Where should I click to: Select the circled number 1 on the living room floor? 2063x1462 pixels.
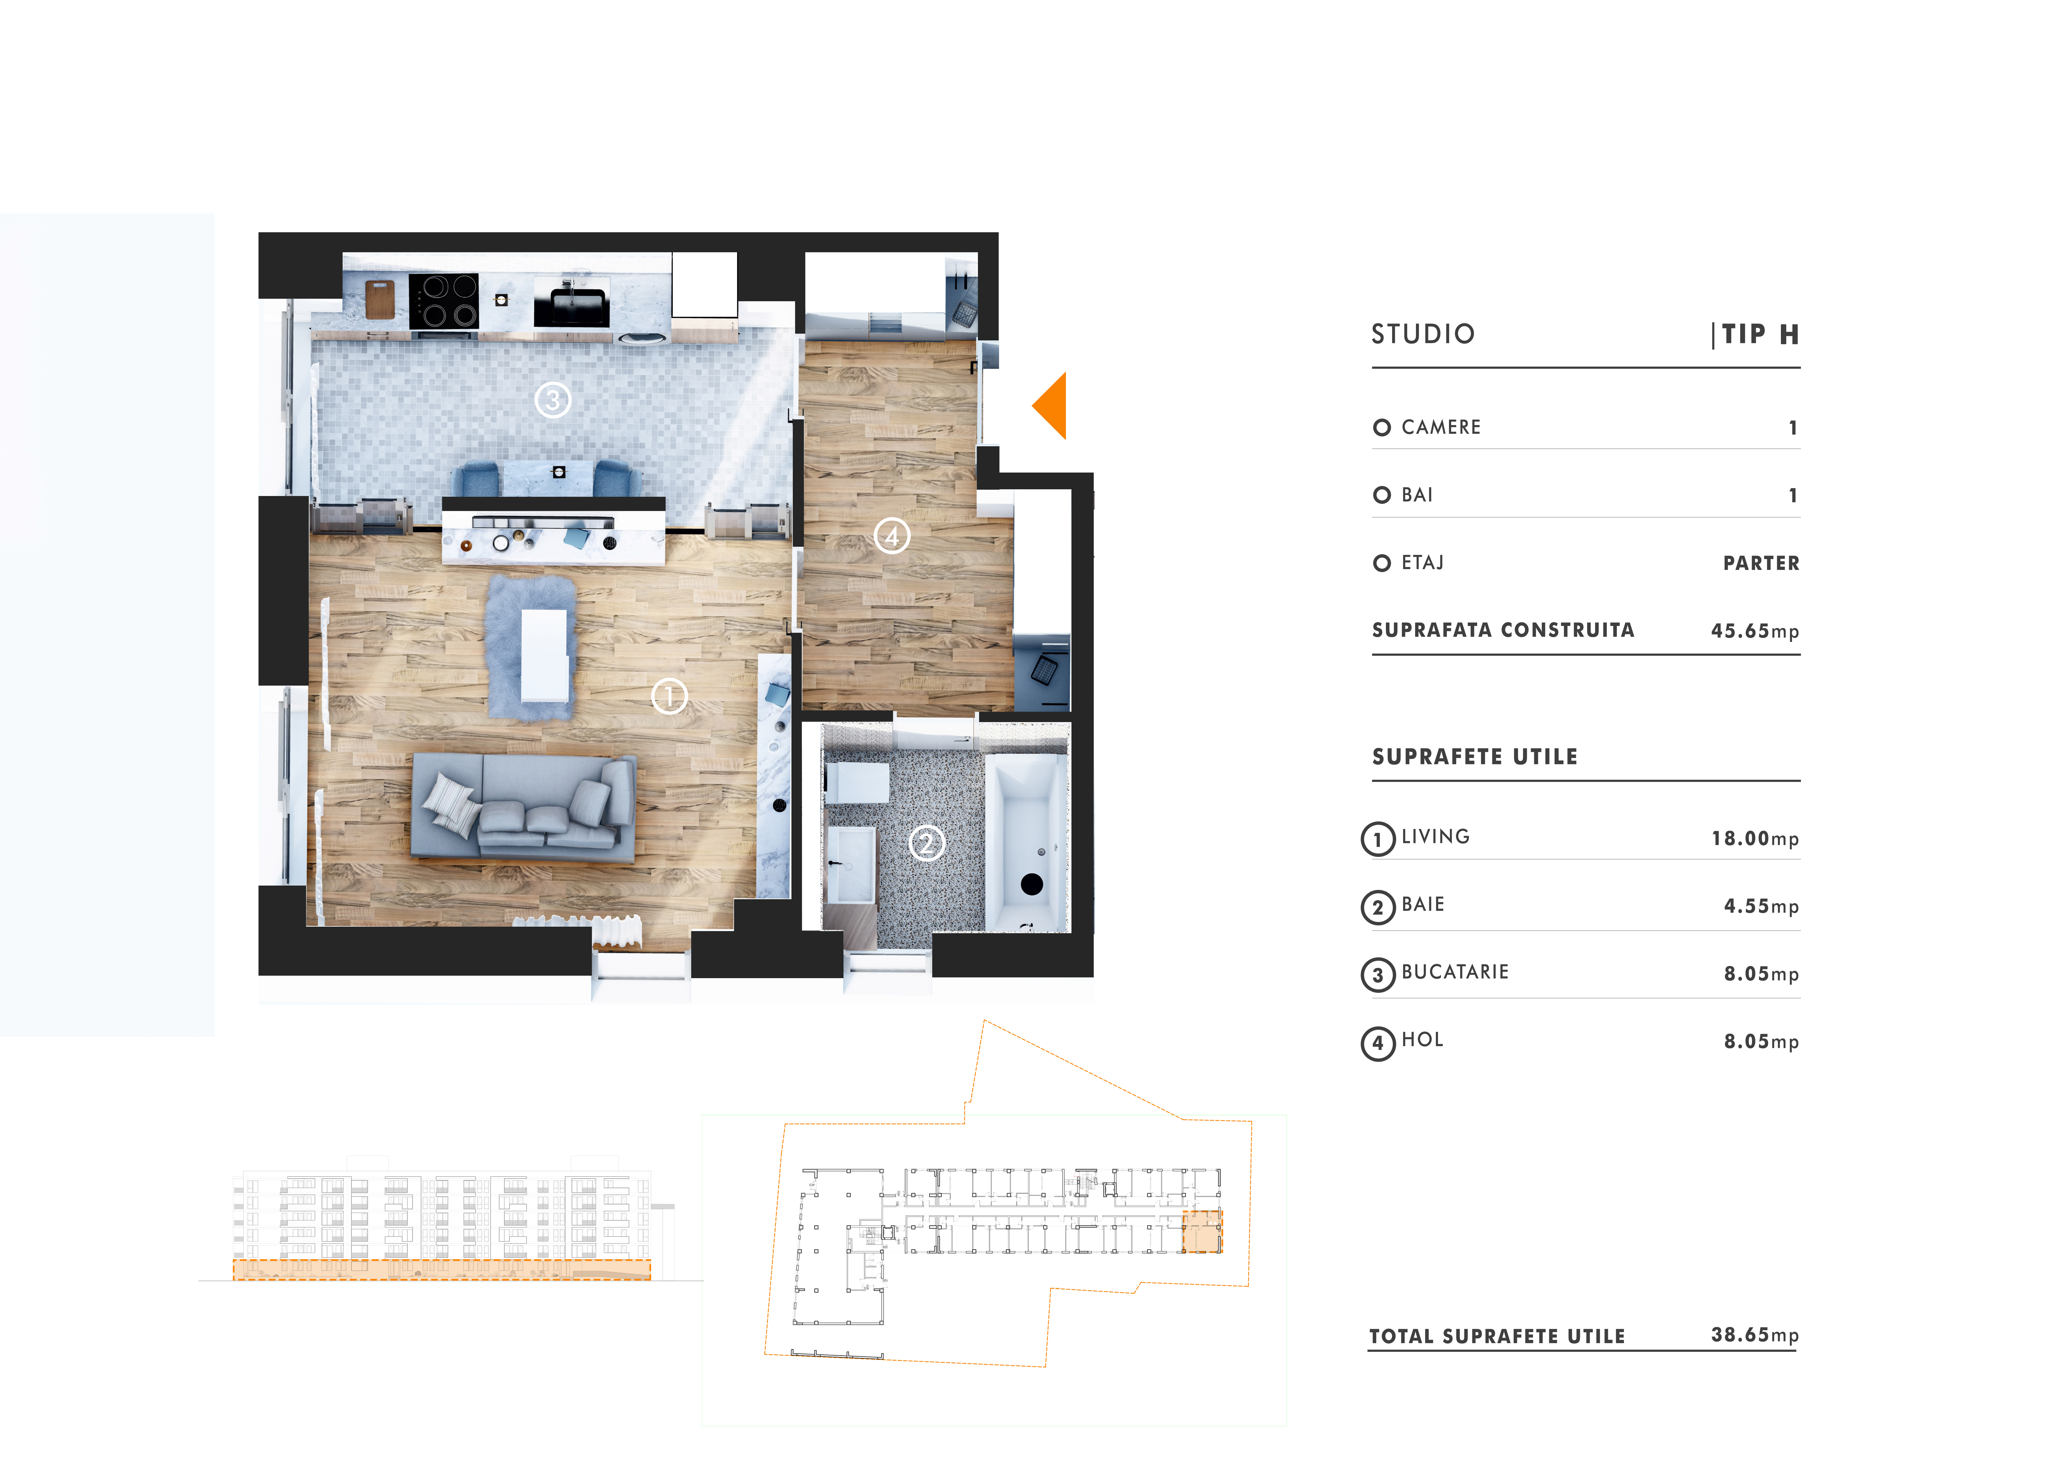tap(669, 696)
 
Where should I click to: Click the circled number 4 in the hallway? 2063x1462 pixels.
tap(892, 537)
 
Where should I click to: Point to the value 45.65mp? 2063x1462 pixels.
tap(1754, 631)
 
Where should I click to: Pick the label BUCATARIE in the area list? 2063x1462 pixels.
tap(1455, 972)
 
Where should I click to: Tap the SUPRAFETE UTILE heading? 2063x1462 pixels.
tap(1474, 757)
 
